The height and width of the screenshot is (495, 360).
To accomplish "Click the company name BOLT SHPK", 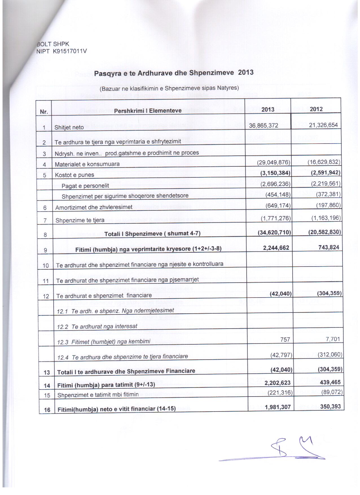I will click(x=53, y=44).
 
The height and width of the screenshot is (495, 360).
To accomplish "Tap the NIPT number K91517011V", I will click(x=69, y=51).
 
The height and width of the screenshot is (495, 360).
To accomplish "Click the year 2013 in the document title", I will click(x=246, y=72).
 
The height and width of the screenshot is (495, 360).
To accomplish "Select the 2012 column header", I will click(x=316, y=109).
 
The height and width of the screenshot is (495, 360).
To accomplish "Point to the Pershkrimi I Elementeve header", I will click(x=148, y=111).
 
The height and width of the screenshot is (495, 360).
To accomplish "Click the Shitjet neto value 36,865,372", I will click(x=264, y=126).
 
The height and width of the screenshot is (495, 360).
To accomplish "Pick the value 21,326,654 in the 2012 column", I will click(x=323, y=125).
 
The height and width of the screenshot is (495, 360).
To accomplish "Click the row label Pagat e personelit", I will click(x=85, y=186).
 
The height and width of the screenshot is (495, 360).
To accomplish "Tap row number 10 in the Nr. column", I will click(x=46, y=265).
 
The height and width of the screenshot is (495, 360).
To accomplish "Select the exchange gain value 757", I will click(x=285, y=340).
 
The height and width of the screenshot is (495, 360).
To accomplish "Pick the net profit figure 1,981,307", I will click(x=278, y=407).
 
